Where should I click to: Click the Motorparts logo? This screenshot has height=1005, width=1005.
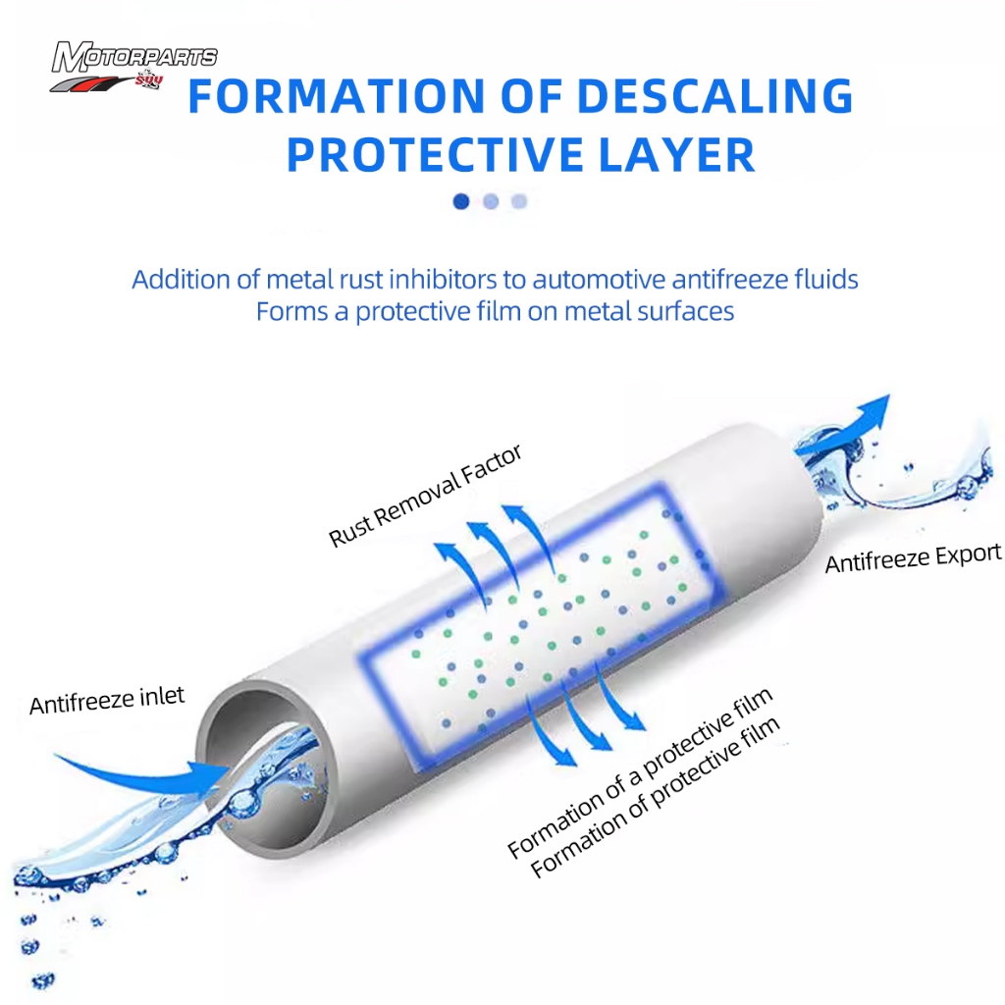(x=133, y=66)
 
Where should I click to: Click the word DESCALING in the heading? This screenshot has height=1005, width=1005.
(x=715, y=96)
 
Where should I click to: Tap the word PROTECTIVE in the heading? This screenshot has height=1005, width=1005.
(x=435, y=155)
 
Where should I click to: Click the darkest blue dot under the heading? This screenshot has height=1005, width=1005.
(x=461, y=201)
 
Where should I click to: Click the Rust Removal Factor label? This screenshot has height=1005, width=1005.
(x=425, y=496)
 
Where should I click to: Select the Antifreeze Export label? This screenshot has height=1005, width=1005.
(x=913, y=557)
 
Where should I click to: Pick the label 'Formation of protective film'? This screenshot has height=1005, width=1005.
(x=655, y=796)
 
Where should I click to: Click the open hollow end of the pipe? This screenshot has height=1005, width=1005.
(x=266, y=771)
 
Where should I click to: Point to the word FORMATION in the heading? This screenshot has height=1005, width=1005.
(x=338, y=96)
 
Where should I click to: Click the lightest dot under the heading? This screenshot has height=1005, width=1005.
(x=519, y=201)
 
